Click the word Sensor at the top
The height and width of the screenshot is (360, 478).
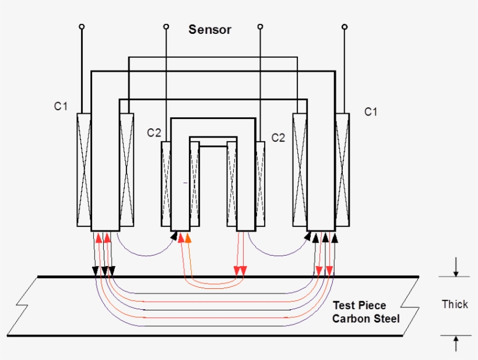click(x=210, y=30)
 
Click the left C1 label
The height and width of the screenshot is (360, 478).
click(x=61, y=106)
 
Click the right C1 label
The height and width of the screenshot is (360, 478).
click(x=371, y=111)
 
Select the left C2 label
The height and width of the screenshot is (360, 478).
click(x=154, y=133)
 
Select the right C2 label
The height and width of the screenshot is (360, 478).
click(x=279, y=138)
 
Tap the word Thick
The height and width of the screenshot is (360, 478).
click(x=455, y=304)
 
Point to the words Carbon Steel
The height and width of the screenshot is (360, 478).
click(x=365, y=319)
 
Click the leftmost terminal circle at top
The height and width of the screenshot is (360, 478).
click(x=82, y=27)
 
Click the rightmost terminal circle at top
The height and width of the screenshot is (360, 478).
click(x=344, y=27)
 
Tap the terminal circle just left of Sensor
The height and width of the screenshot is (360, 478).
click(x=166, y=27)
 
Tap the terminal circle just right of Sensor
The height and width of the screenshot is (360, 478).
click(x=260, y=27)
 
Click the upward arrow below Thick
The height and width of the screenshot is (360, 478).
click(x=456, y=344)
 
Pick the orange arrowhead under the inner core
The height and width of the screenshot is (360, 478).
click(x=188, y=237)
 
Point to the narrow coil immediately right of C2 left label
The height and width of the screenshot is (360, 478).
click(x=166, y=183)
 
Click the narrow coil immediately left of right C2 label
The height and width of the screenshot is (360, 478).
click(x=260, y=183)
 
